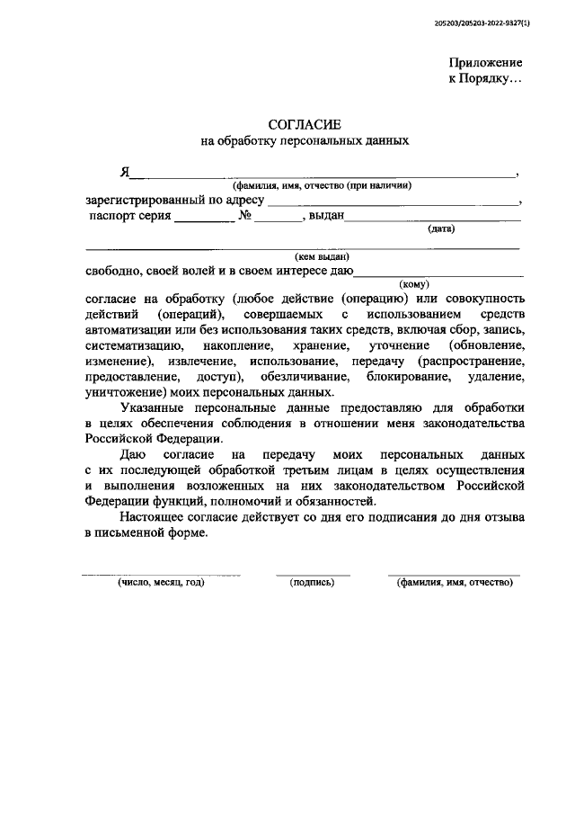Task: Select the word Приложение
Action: click(485, 62)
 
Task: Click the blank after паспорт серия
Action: click(203, 219)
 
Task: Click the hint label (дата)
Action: click(441, 228)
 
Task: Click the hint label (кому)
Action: click(414, 283)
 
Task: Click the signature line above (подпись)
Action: click(313, 574)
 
